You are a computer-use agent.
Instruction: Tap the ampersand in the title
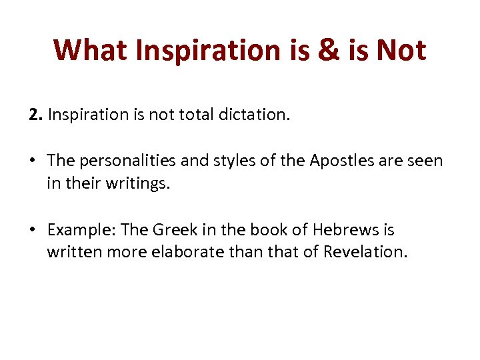pyautogui.click(x=328, y=50)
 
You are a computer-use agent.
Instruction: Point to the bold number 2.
pyautogui.click(x=34, y=115)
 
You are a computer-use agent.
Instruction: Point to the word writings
pyautogui.click(x=139, y=183)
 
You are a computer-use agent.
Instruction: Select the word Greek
pyautogui.click(x=177, y=230)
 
